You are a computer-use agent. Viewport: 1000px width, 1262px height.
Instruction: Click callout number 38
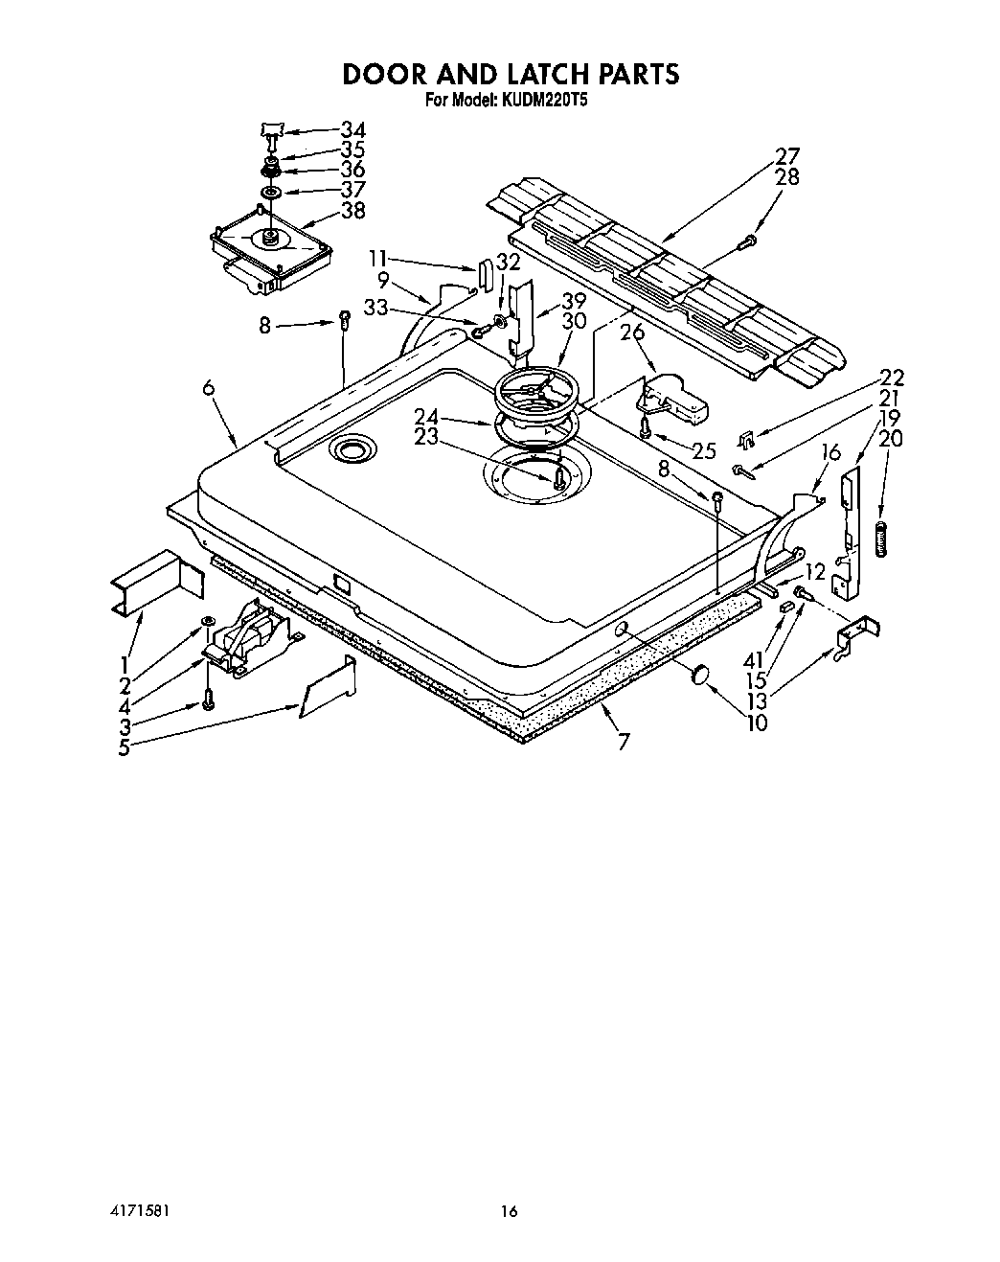point(353,211)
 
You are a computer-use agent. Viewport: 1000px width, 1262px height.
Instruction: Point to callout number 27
point(787,156)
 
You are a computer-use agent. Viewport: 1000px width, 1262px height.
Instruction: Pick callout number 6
point(209,387)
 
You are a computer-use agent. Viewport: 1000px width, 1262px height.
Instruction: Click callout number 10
point(757,723)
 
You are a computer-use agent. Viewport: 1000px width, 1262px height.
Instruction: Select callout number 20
point(890,439)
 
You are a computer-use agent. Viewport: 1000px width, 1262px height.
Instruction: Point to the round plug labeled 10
point(699,677)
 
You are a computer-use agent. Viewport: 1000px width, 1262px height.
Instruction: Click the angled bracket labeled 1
point(157,583)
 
